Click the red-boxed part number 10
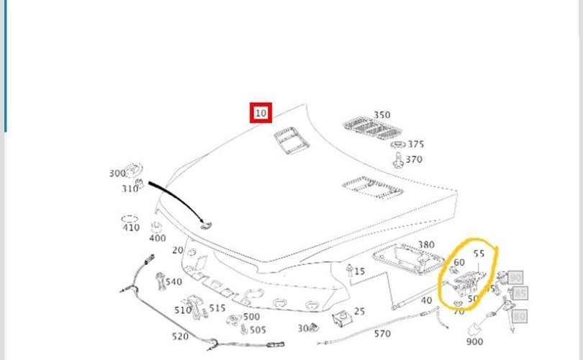coord(260,113)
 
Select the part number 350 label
coord(381,115)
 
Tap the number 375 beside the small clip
coord(415,144)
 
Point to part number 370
coord(414,160)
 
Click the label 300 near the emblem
coord(117,174)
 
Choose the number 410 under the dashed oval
coord(130,228)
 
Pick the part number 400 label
coord(157,238)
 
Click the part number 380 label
coord(426,245)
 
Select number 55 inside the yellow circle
coord(479,253)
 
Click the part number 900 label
coord(475,342)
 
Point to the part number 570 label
coord(382,333)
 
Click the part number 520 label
coord(180,336)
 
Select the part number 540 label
coord(173,282)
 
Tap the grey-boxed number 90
coord(515,276)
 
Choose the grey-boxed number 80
coord(520,315)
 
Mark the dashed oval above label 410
coord(130,218)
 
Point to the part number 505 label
coord(258,330)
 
